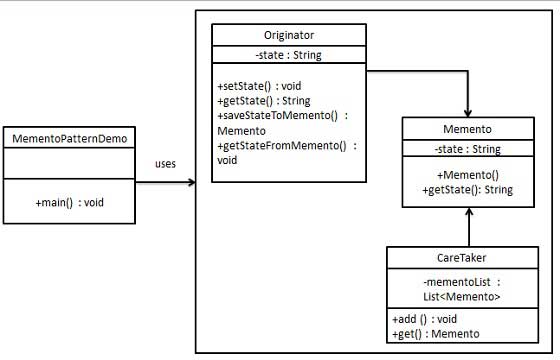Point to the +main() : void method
pyautogui.click(x=69, y=201)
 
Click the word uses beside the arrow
pyautogui.click(x=168, y=164)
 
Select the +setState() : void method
pyautogui.click(x=258, y=86)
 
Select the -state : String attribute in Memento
pyautogui.click(x=468, y=150)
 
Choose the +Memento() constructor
pyautogui.click(x=467, y=174)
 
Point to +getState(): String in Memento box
pyautogui.click(x=468, y=188)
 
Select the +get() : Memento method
pyautogui.click(x=436, y=333)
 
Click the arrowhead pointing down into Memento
pyautogui.click(x=468, y=113)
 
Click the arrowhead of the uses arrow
pyautogui.click(x=190, y=183)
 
